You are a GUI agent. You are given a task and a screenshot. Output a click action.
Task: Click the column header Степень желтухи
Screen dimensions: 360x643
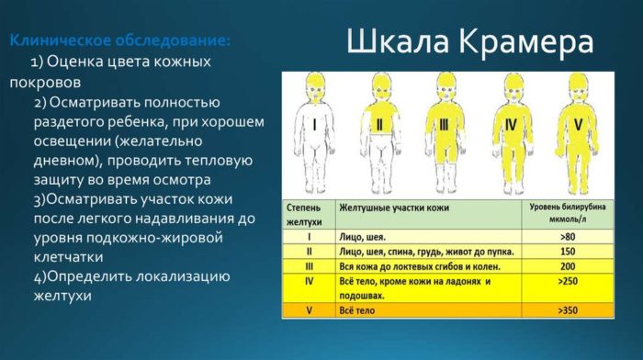[x=307, y=214]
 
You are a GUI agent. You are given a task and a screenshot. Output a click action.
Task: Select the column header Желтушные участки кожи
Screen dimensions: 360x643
[x=395, y=208]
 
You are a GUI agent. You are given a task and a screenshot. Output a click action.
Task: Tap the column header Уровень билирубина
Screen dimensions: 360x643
[x=566, y=214]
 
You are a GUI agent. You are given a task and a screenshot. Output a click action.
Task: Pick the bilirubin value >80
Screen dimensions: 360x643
[x=566, y=236]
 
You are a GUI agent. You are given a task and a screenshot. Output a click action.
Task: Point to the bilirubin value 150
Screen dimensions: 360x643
[x=566, y=250]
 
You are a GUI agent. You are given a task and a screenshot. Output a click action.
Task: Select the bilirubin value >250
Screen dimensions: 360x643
[x=566, y=280]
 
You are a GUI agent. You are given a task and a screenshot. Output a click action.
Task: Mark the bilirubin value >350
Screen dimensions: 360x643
[x=566, y=311]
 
